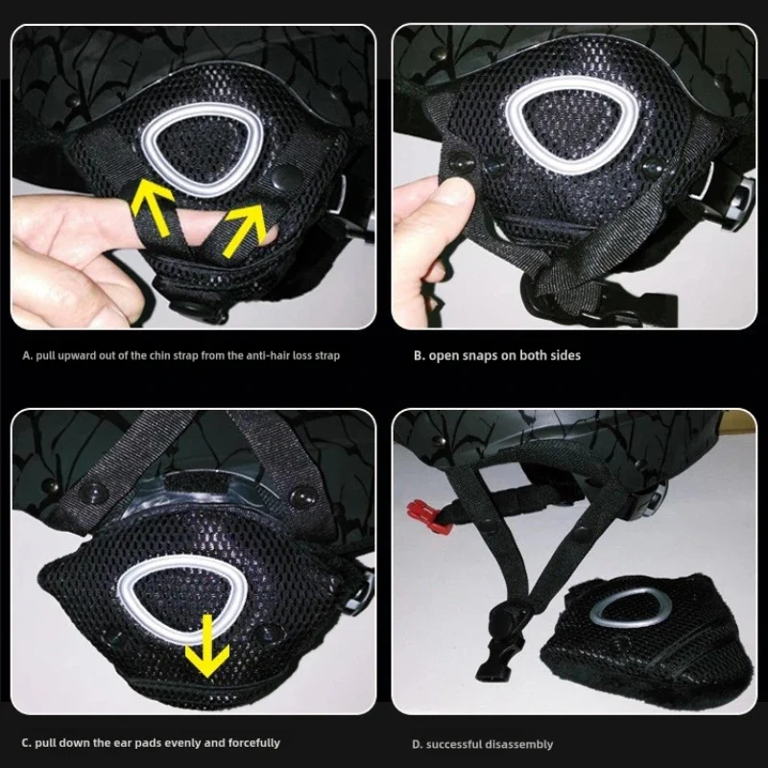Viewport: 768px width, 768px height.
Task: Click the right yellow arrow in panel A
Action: click(x=245, y=229)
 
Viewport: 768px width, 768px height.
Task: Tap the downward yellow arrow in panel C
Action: click(x=207, y=645)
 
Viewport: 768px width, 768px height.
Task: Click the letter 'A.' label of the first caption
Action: click(x=27, y=355)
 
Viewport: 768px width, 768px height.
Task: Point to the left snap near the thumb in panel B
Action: click(x=461, y=161)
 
